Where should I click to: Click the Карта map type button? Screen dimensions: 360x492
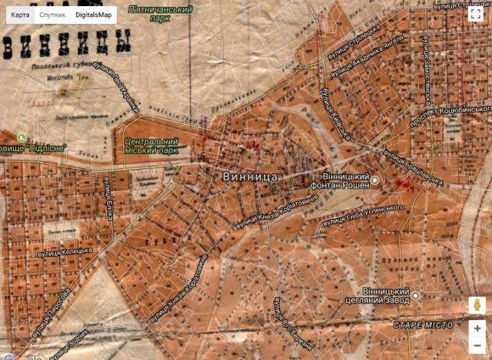tap(20, 14)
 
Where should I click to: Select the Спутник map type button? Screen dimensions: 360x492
tap(53, 14)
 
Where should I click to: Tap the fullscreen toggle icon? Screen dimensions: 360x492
tap(477, 14)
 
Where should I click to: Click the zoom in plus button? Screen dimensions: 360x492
tap(478, 329)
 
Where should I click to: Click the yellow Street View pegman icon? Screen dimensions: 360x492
tap(478, 305)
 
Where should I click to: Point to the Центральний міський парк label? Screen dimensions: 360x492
tap(151, 146)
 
